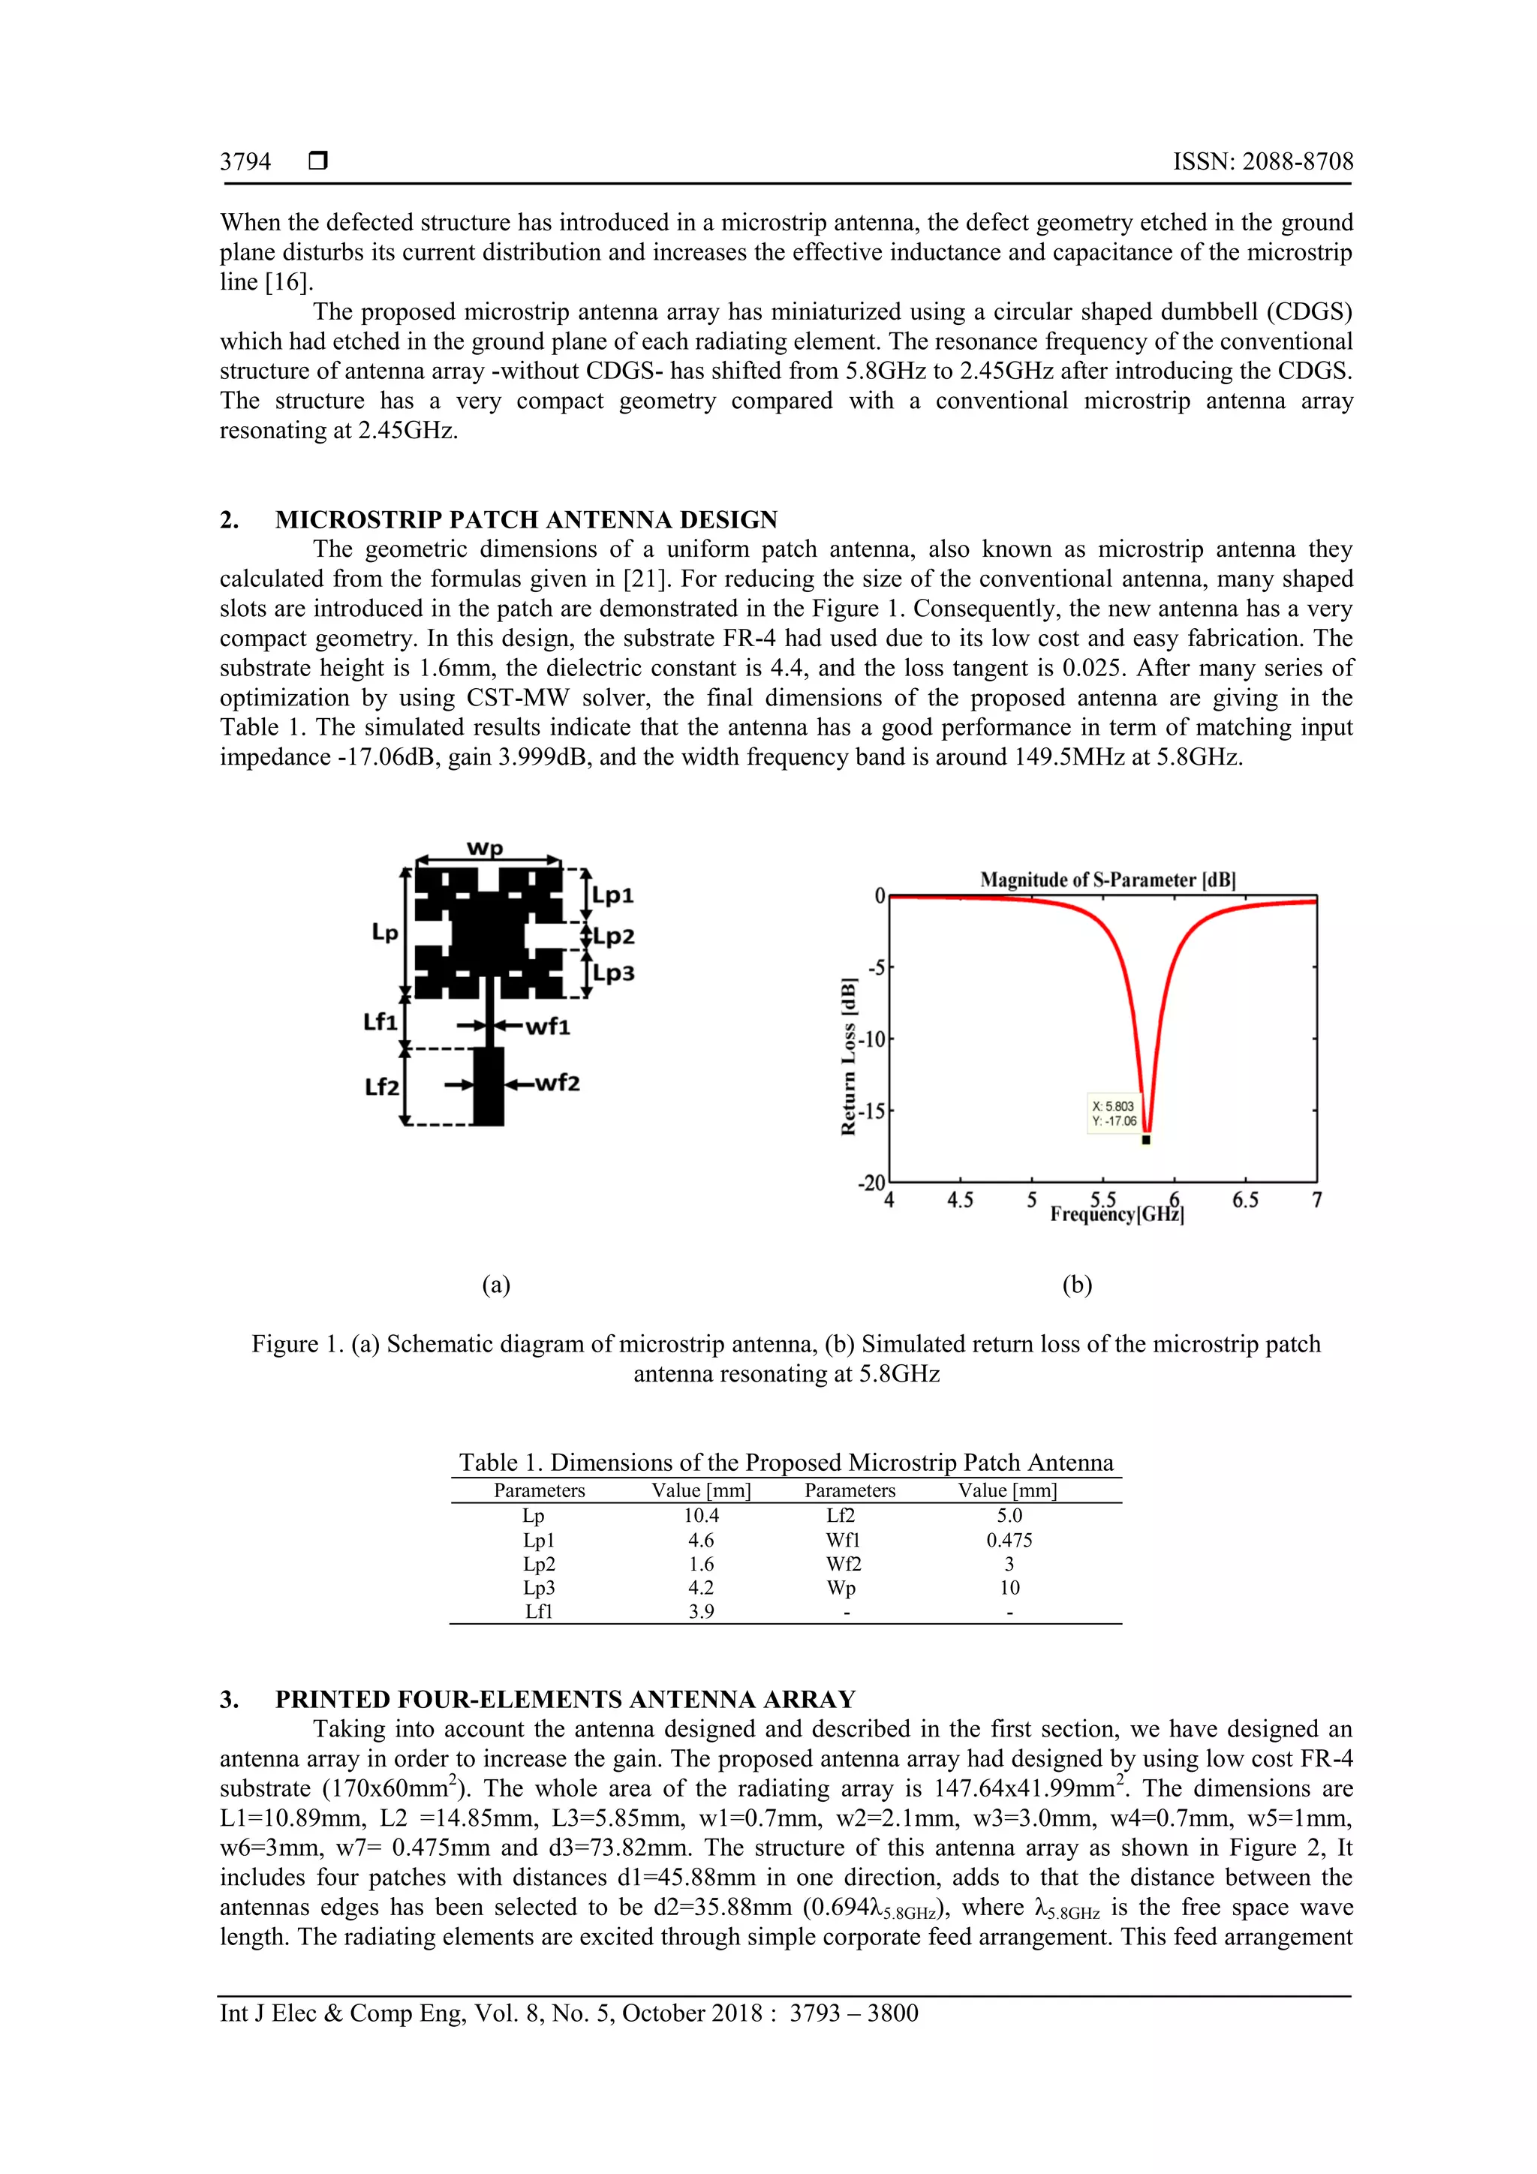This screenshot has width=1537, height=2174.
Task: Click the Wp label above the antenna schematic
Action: [x=485, y=847]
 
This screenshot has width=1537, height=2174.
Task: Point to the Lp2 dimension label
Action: [x=614, y=937]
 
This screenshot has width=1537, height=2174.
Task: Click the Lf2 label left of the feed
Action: [x=382, y=1086]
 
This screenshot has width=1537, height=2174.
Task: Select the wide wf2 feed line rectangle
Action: [x=488, y=1086]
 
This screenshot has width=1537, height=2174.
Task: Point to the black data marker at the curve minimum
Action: [x=1146, y=1140]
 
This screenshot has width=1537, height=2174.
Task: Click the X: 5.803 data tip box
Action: [x=1114, y=1114]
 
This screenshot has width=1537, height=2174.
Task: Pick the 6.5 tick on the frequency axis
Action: [x=1245, y=1201]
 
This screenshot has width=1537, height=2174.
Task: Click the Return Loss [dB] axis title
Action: [x=850, y=1056]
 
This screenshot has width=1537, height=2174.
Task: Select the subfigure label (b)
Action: [x=1077, y=1285]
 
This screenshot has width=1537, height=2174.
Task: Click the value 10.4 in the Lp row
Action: [x=701, y=1516]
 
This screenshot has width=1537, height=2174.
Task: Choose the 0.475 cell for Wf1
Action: [x=1009, y=1541]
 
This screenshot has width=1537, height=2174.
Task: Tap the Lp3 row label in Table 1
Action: [x=539, y=1588]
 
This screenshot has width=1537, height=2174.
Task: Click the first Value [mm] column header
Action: [x=701, y=1490]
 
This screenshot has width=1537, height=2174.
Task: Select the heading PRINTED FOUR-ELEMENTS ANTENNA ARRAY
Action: [x=564, y=1700]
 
